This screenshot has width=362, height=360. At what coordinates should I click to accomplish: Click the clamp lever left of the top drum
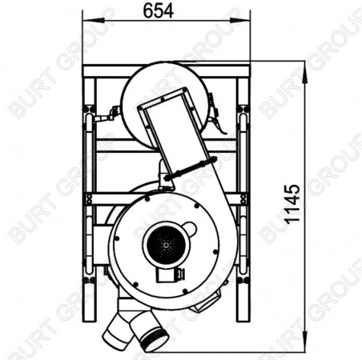101,118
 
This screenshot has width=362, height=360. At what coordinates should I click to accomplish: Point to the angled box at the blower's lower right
206,300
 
